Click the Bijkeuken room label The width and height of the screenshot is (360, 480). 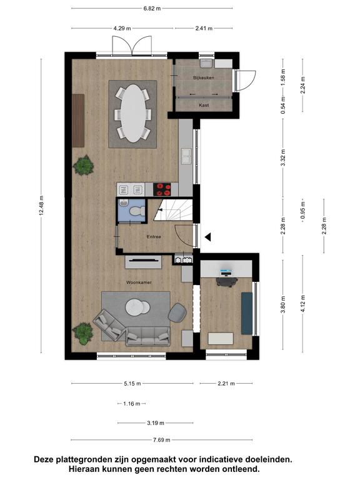(204, 77)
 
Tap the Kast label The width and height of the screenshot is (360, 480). (204, 105)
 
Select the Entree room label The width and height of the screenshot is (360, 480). (154, 237)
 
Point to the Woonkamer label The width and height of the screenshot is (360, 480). (139, 282)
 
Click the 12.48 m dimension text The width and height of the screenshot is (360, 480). (41, 205)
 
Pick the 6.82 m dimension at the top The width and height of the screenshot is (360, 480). (152, 9)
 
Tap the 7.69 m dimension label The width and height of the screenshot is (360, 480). (162, 440)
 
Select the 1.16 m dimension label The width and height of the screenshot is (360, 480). (132, 404)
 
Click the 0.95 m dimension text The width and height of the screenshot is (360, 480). (302, 210)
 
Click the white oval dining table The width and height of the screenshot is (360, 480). (133, 113)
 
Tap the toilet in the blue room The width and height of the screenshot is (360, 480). (136, 211)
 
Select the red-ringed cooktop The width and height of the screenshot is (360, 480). (162, 189)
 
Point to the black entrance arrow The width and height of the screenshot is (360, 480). (208, 237)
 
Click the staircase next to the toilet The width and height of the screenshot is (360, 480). (173, 210)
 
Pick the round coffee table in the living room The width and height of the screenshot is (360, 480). (137, 307)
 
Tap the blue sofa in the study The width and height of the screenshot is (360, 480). (247, 313)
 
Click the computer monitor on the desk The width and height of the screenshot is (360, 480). (226, 271)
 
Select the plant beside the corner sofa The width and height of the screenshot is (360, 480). (82, 333)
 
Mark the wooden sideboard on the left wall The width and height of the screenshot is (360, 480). (78, 121)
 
